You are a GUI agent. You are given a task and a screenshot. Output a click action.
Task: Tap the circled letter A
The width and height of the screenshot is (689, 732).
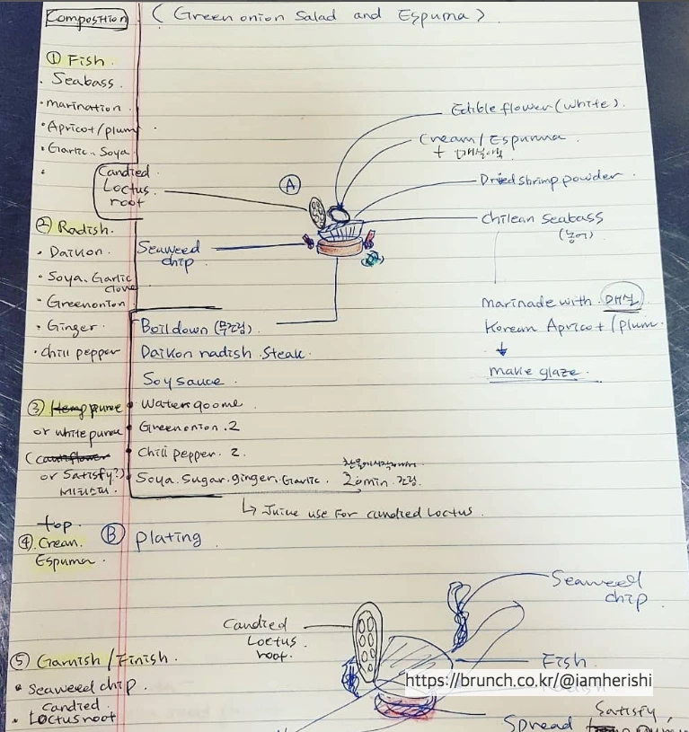pyautogui.click(x=289, y=185)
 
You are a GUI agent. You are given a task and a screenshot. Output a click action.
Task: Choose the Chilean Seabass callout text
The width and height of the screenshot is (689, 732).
pyautogui.click(x=554, y=218)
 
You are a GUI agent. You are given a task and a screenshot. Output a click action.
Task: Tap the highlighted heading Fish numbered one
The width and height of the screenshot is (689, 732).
pyautogui.click(x=75, y=60)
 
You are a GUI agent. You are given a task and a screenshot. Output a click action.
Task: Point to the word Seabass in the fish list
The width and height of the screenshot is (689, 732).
pyautogui.click(x=83, y=82)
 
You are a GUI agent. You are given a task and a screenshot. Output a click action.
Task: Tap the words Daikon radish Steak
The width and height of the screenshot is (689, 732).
pyautogui.click(x=222, y=354)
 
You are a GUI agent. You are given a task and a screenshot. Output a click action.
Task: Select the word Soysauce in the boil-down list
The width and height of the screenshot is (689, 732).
pyautogui.click(x=182, y=382)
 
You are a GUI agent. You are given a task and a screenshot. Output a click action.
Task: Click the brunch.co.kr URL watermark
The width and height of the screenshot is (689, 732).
pyautogui.click(x=528, y=682)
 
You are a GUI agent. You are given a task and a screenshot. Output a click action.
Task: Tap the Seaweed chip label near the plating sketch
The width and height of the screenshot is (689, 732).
pyautogui.click(x=596, y=588)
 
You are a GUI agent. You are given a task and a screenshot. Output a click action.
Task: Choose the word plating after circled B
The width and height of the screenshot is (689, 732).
pyautogui.click(x=168, y=538)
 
